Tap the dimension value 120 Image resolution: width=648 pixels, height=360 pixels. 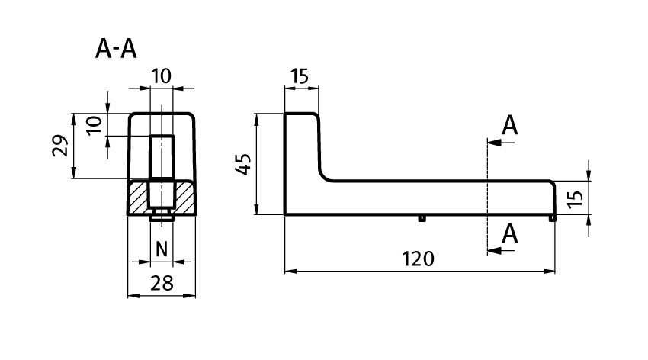[419, 259]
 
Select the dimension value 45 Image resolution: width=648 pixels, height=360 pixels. [242, 164]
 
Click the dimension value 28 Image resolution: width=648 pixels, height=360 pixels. [162, 284]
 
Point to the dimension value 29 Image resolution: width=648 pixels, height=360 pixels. [59, 146]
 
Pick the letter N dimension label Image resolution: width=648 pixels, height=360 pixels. [161, 249]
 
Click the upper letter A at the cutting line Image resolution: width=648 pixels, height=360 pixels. [510, 126]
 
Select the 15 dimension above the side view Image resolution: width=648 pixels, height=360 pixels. [300, 76]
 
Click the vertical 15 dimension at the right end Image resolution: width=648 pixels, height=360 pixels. [576, 198]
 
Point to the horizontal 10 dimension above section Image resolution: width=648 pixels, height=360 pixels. [161, 76]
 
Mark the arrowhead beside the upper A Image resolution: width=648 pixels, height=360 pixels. [492, 142]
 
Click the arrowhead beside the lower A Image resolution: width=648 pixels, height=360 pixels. [492, 249]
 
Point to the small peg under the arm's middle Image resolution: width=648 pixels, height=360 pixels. [421, 219]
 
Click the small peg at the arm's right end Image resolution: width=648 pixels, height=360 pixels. [552, 219]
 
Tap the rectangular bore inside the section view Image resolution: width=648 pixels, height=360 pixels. [161, 156]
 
